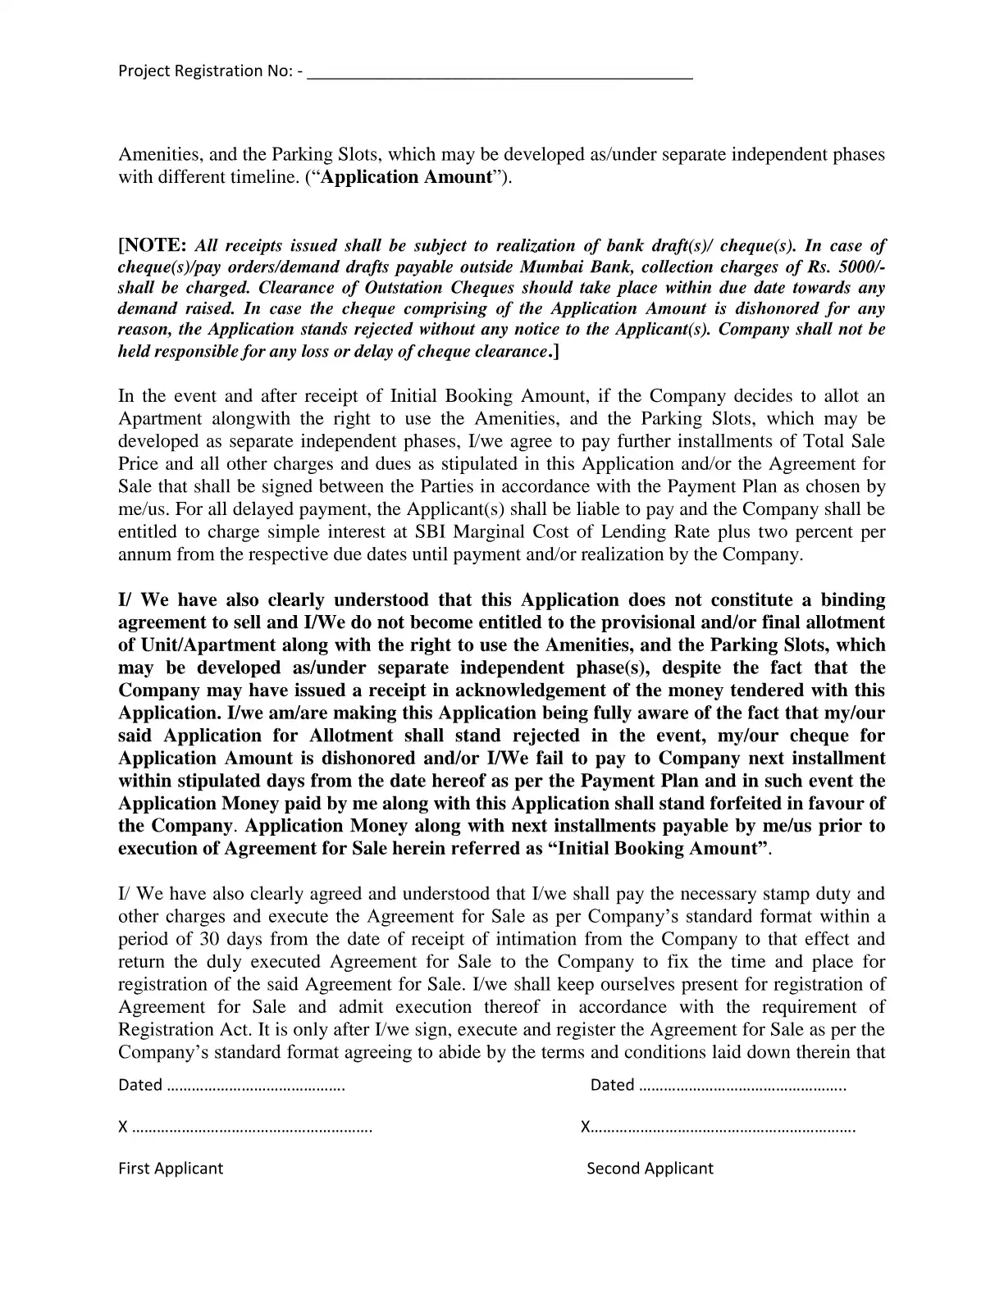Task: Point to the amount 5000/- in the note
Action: pos(861,267)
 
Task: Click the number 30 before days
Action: pos(210,939)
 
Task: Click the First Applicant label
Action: pos(171,1169)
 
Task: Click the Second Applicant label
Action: pos(650,1169)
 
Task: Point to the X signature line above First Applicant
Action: pos(246,1128)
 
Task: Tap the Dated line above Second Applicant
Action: pos(718,1086)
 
